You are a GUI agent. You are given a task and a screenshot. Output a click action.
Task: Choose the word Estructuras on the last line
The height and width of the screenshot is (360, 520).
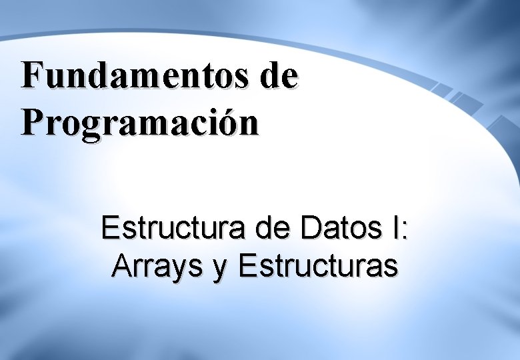(319, 266)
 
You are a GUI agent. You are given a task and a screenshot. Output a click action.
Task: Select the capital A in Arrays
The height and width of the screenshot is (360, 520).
(122, 266)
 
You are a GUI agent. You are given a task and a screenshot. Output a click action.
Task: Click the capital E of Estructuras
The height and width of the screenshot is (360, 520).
(246, 266)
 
